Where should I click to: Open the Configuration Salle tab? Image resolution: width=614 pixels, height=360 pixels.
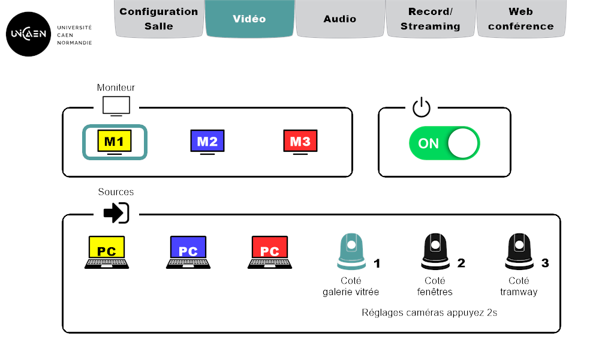(159, 19)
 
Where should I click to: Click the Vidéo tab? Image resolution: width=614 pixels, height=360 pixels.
(249, 19)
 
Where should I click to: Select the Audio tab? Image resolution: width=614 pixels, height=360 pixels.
(340, 19)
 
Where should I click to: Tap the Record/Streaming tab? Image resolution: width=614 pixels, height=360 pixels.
(430, 19)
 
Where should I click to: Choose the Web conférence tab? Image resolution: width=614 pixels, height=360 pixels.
(520, 19)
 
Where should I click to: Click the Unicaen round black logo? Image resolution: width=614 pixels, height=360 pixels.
(27, 34)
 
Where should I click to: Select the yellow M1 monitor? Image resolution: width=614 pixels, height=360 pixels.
(115, 142)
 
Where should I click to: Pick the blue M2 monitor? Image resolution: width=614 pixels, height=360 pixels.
(207, 142)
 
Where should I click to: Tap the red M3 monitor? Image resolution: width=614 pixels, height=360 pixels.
(300, 142)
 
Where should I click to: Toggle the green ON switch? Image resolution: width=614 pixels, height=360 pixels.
(444, 143)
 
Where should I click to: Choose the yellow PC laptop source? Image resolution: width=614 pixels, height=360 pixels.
(107, 252)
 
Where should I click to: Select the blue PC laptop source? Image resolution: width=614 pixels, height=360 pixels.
(188, 252)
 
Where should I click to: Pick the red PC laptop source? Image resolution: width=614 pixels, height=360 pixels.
(270, 252)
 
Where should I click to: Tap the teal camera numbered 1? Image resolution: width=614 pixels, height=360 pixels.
(351, 251)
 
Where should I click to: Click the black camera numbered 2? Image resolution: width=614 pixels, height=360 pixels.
(436, 251)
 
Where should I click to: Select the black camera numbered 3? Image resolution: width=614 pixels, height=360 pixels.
(520, 251)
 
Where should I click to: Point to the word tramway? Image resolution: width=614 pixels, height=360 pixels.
(519, 292)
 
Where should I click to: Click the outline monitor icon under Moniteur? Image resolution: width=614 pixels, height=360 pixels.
(116, 106)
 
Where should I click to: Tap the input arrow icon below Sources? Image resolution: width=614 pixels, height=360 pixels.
(116, 212)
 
